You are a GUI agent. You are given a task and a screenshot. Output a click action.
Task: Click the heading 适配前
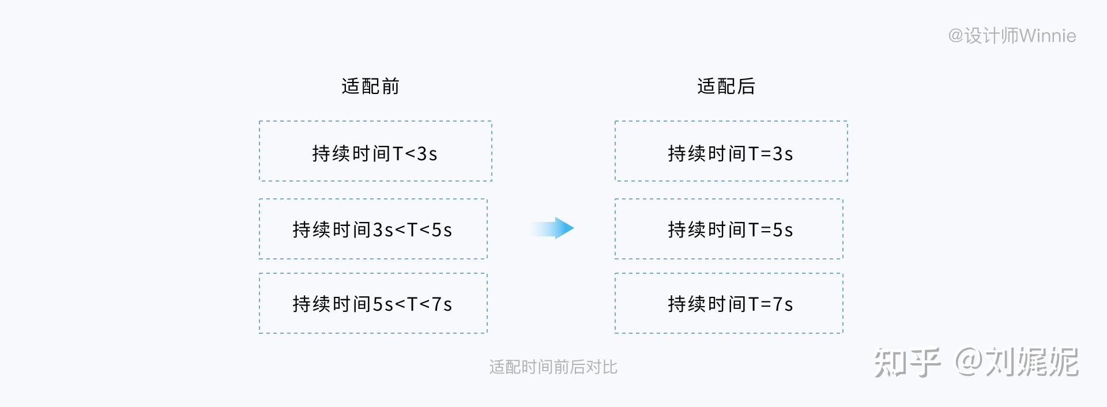[370, 86]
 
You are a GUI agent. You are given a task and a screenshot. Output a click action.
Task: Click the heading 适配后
[726, 86]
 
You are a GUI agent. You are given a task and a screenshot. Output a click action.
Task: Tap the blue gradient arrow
[552, 228]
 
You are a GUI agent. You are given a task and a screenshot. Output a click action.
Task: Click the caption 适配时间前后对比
[553, 367]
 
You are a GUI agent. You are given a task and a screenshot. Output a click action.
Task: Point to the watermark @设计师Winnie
[1012, 36]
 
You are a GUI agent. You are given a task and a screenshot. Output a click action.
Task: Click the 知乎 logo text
[907, 362]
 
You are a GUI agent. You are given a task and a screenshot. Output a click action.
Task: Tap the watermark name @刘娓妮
[1016, 362]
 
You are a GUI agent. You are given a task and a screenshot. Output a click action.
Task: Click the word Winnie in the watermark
[1048, 36]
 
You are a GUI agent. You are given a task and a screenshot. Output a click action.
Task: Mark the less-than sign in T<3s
[410, 154]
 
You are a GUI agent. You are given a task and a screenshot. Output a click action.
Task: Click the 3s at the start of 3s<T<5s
[383, 229]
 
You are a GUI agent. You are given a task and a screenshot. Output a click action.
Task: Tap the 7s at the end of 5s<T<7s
[442, 304]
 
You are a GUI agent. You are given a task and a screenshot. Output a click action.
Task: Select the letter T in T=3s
[754, 153]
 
